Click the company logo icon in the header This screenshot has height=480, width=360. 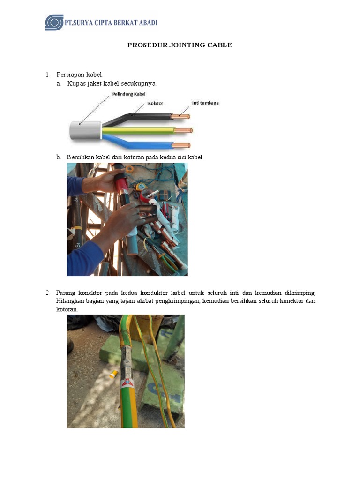coord(54,22)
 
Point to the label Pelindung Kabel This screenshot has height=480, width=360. coord(129,94)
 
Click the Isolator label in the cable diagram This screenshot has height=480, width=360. coord(155,103)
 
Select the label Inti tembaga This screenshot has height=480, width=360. coord(205,103)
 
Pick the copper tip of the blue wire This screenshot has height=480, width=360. coord(182,145)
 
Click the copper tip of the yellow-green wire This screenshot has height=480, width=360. coord(184,130)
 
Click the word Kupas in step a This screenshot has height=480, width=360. coord(75,83)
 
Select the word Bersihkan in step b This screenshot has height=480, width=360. coord(81,157)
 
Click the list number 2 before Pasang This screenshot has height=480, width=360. coord(48,293)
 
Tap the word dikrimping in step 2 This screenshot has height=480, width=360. coord(300,293)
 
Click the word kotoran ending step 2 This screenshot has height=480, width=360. coord(67,310)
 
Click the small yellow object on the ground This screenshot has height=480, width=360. coord(113,374)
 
